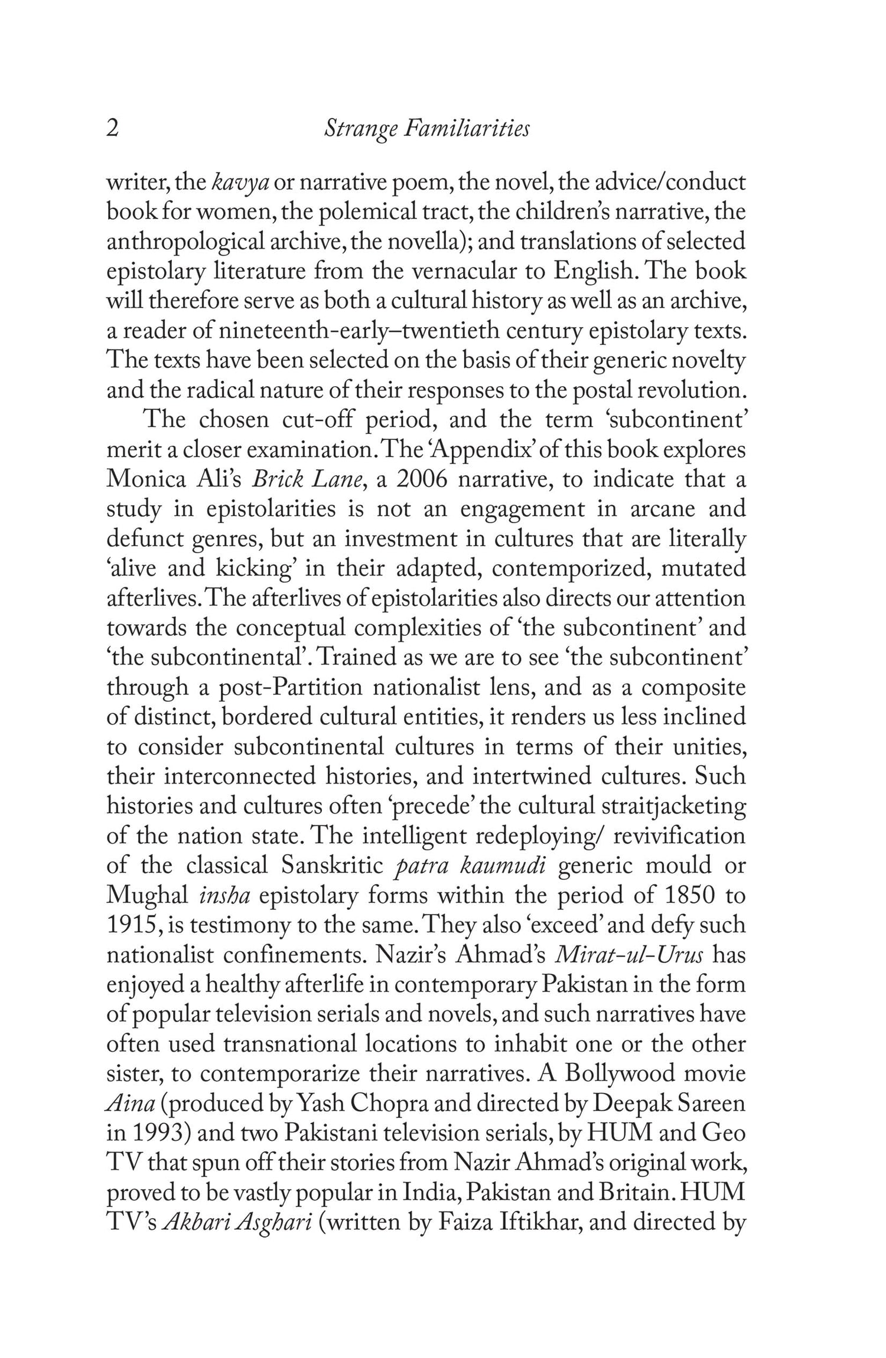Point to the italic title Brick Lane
tap(307, 479)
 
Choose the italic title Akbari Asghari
tap(236, 1223)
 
